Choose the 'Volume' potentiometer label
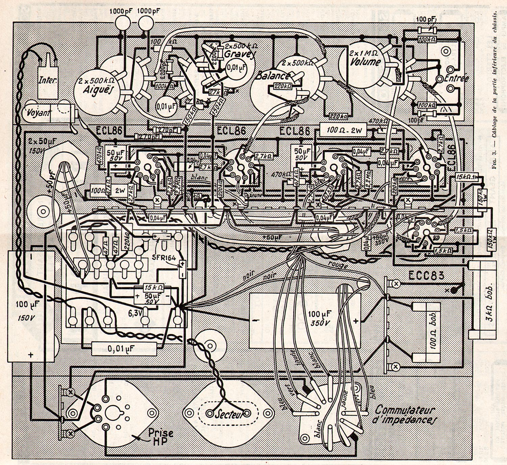(365, 62)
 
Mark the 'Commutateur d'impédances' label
(404, 415)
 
